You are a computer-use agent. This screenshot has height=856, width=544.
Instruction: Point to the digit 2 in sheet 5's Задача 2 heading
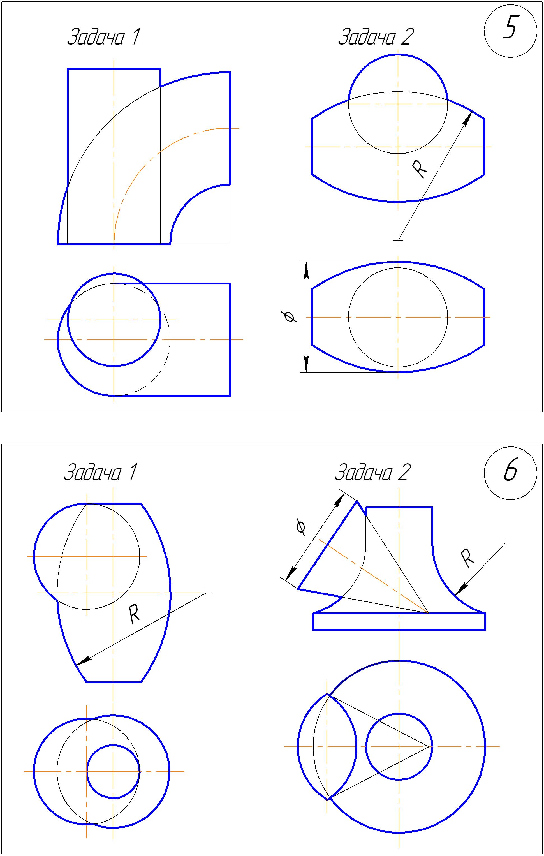tap(407, 37)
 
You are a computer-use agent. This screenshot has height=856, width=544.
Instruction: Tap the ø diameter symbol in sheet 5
tap(289, 316)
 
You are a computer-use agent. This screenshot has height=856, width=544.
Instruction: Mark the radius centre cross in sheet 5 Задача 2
tap(398, 241)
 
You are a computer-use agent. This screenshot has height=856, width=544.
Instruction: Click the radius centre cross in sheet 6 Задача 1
tap(206, 593)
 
